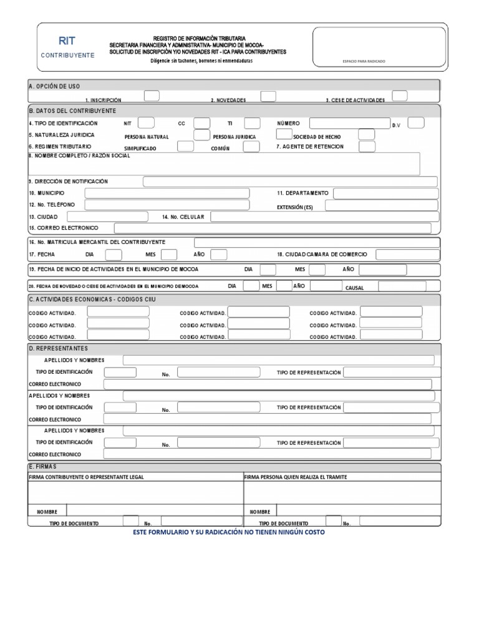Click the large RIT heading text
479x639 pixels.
pyautogui.click(x=67, y=41)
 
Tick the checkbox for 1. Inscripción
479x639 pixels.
pyautogui.click(x=152, y=95)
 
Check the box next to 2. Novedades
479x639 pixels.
pyautogui.click(x=268, y=95)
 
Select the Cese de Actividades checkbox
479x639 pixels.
pyautogui.click(x=400, y=95)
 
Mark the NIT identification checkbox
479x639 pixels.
pyautogui.click(x=146, y=122)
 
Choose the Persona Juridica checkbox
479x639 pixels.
pyautogui.click(x=284, y=134)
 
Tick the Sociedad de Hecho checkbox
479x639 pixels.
pyautogui.click(x=367, y=134)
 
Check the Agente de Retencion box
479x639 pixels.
pyautogui.click(x=367, y=147)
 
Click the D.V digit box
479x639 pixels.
pyautogui.click(x=416, y=122)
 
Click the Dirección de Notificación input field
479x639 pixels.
pyautogui.click(x=290, y=182)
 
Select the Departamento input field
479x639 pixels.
pyautogui.click(x=385, y=193)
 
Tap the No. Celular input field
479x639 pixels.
pyautogui.click(x=324, y=217)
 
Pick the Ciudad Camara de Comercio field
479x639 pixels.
pyautogui.click(x=407, y=254)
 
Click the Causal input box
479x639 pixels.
pyautogui.click(x=402, y=286)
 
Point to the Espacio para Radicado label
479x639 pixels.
pyautogui.click(x=364, y=61)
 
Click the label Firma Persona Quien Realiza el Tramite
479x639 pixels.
pyautogui.click(x=296, y=477)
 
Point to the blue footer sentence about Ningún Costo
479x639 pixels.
pyautogui.click(x=229, y=532)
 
